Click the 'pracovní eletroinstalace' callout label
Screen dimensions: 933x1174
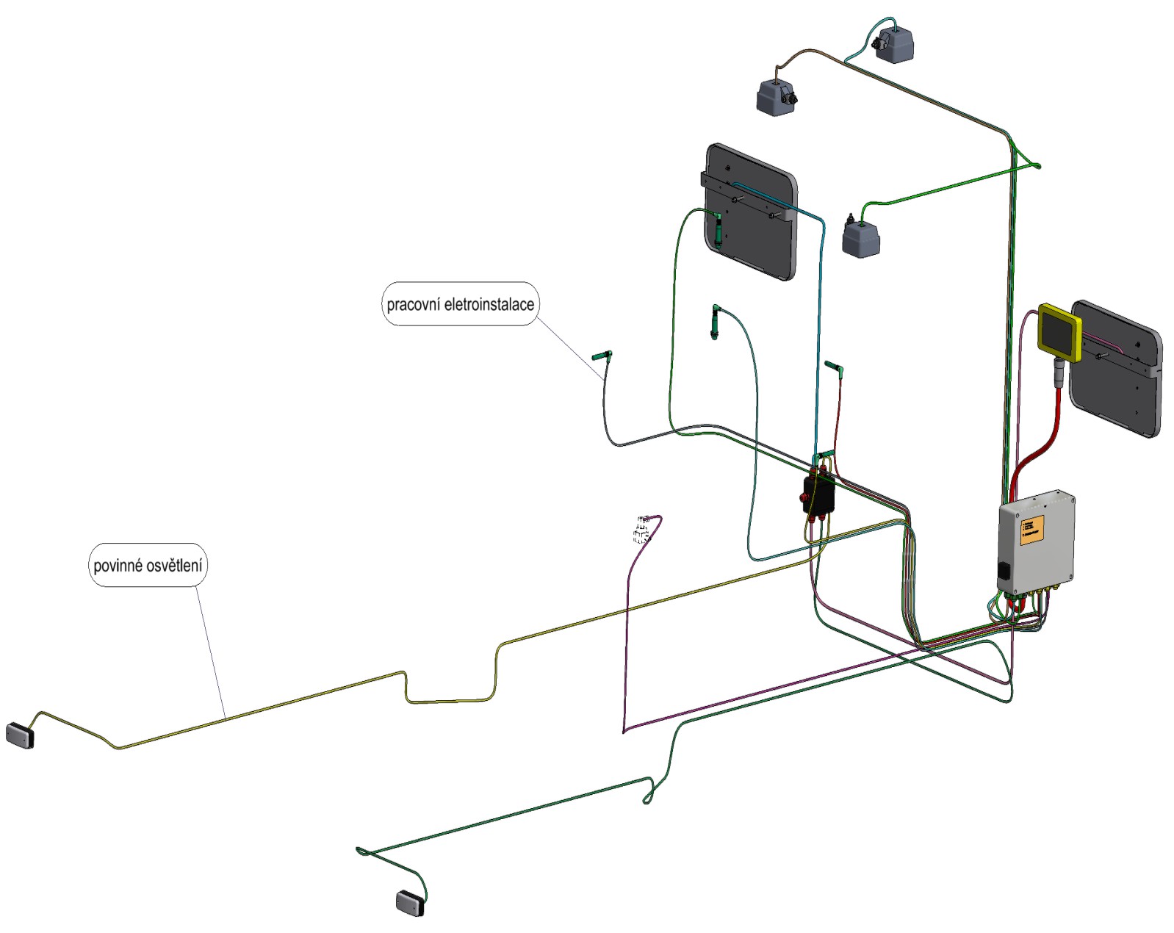point(460,303)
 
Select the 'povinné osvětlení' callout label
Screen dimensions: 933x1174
point(148,565)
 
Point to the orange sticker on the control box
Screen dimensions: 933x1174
point(1031,528)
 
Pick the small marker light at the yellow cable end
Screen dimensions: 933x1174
point(20,735)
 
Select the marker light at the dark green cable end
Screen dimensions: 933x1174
point(410,903)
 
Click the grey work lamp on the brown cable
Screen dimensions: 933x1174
point(776,96)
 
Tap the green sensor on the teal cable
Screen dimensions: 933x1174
point(716,322)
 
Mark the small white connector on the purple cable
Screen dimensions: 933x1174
point(641,530)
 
